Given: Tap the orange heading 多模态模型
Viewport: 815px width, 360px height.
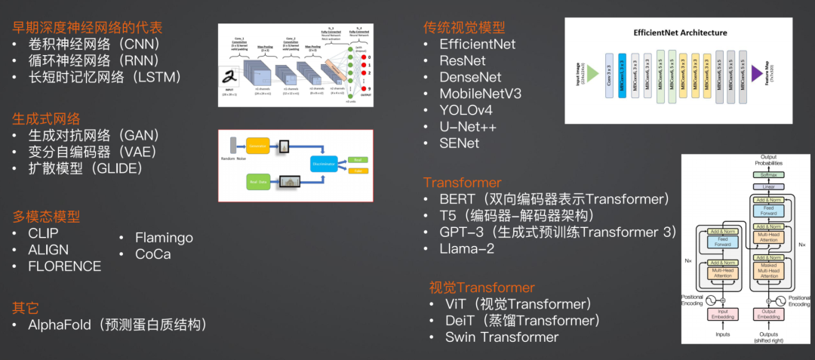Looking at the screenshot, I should (46, 217).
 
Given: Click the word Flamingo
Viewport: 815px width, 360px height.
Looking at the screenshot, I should (164, 238).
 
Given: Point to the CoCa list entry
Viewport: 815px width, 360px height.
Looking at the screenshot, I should (152, 254).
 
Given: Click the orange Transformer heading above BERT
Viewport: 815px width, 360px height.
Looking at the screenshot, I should (462, 183).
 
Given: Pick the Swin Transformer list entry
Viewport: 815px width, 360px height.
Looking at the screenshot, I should (502, 337).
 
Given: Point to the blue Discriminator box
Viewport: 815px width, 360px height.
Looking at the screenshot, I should (324, 163).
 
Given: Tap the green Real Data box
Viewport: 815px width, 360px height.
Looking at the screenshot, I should (258, 182).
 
